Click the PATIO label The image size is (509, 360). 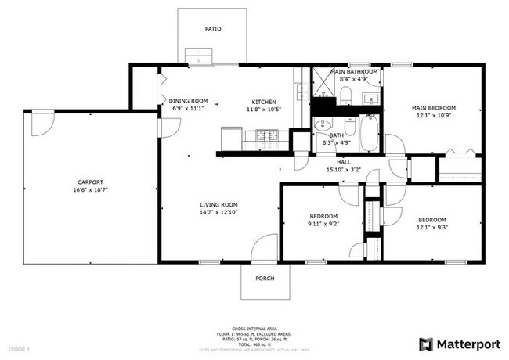pos(213,29)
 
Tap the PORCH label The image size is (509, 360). pos(265,278)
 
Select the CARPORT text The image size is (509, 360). pos(90,182)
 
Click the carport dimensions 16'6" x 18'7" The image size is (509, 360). pos(90,189)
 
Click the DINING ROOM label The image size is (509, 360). pos(189,101)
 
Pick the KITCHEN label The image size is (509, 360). pos(263,102)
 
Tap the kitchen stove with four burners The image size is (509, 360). pos(268,136)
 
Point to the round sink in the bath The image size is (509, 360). pos(319,124)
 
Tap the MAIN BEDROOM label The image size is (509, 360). pos(434,108)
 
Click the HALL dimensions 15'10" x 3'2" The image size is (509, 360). pos(344,169)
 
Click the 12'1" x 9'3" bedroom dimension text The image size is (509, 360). pos(431,228)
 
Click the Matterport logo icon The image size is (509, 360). pos(425,344)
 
